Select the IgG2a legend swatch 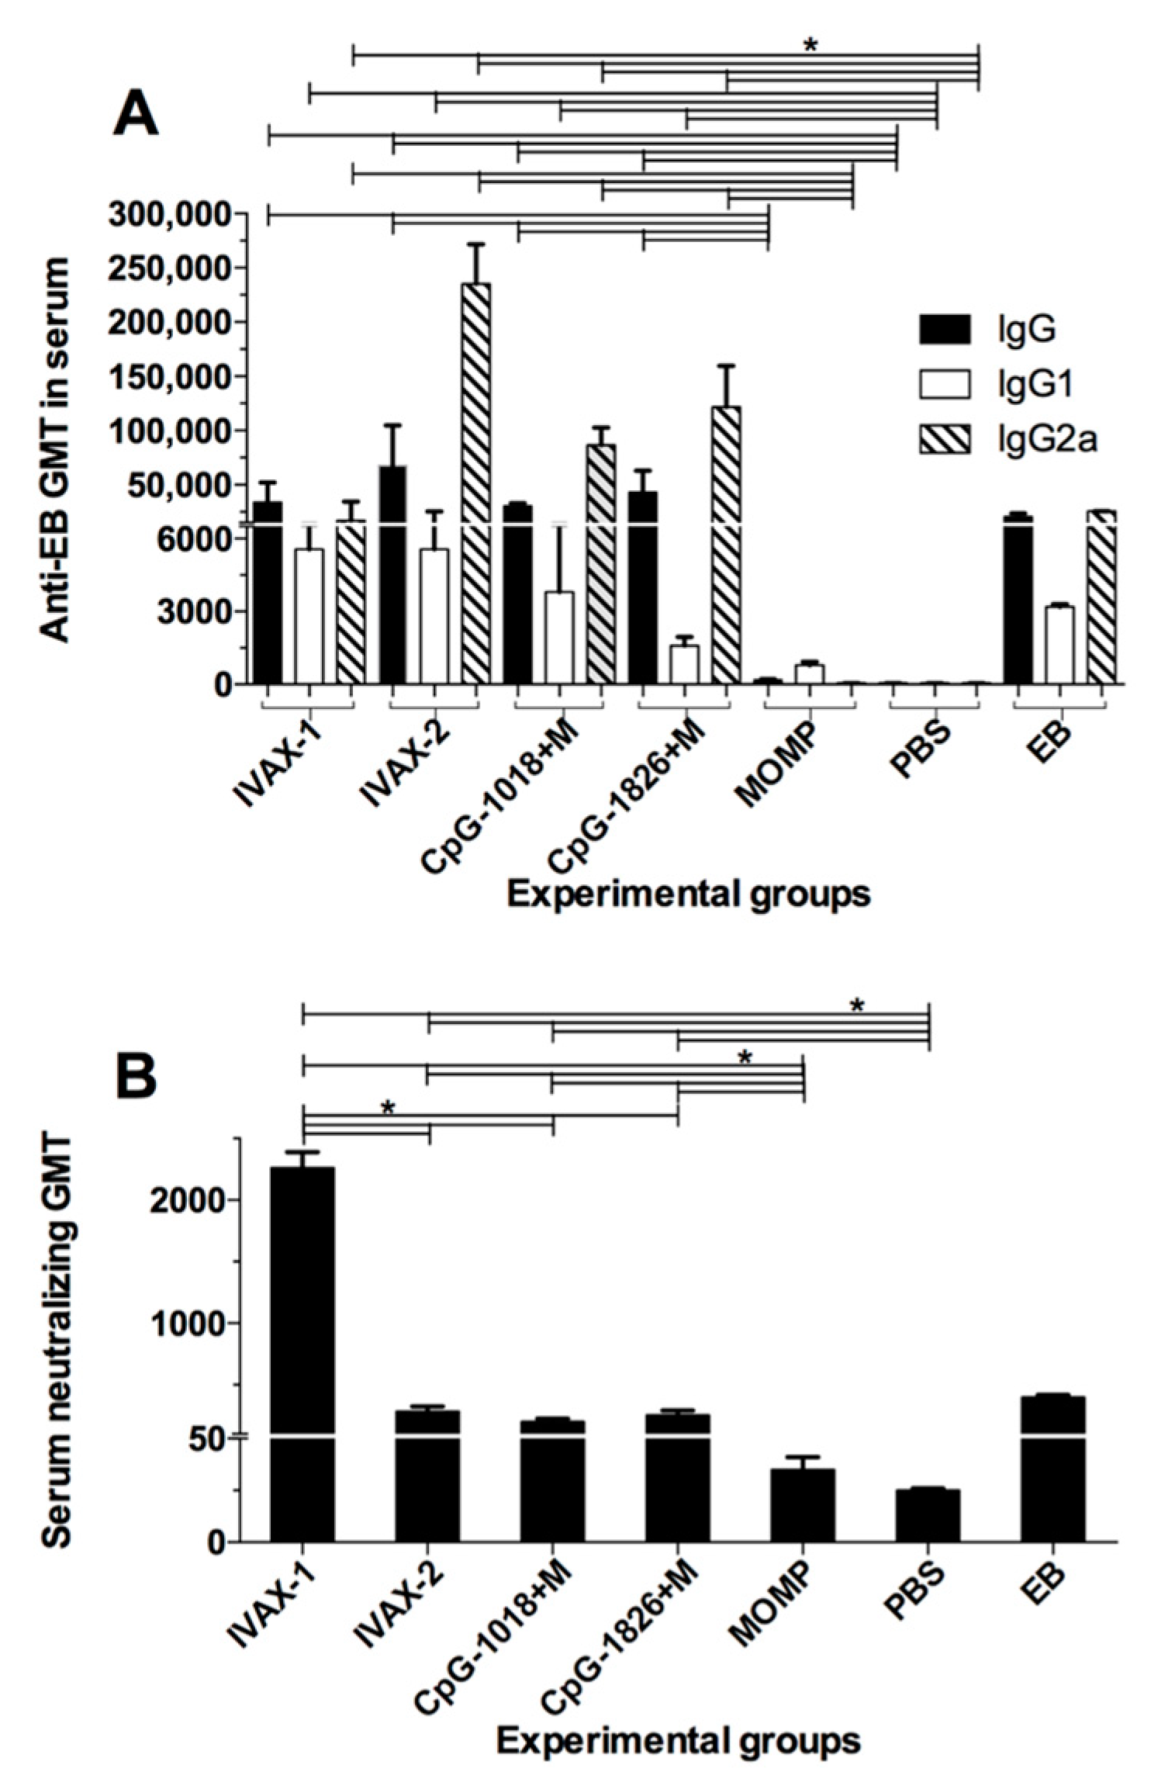tap(944, 441)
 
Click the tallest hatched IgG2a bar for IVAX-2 tap(475, 481)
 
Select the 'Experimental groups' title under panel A tap(688, 895)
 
